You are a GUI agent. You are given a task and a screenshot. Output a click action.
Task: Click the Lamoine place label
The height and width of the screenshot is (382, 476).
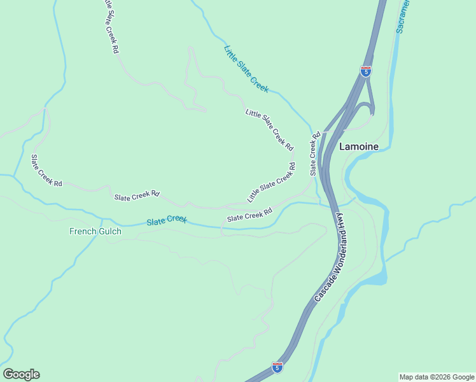point(358,146)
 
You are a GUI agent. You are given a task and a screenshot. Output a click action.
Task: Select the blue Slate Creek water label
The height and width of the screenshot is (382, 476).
point(167,220)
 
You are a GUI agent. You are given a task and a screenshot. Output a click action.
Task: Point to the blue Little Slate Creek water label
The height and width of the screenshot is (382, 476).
point(246,69)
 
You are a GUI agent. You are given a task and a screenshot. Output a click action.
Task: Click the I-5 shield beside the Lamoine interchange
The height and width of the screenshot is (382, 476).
point(365,71)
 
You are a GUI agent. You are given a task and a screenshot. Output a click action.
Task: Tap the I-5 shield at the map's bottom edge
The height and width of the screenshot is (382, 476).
point(277,367)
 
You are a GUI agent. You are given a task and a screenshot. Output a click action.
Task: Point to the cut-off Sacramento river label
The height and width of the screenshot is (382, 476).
point(403,16)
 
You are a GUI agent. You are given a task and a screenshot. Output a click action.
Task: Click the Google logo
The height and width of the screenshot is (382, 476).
point(21,374)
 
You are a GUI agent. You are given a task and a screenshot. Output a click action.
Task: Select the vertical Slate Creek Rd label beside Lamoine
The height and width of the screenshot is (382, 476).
point(313,155)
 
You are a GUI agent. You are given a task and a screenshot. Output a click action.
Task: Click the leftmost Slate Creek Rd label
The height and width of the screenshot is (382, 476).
point(46,171)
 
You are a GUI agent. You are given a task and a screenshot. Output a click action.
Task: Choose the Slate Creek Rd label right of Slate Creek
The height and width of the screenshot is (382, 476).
point(249,215)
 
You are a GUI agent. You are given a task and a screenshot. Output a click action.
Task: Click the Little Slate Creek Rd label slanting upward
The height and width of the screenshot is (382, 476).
point(271,183)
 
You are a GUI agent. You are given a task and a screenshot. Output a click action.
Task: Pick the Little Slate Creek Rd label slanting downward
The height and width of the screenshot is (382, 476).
point(270,130)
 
